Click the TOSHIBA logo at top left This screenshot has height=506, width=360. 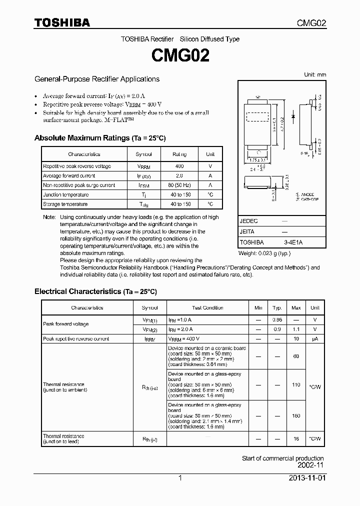(62, 22)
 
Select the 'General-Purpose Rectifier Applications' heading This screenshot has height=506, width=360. (96, 79)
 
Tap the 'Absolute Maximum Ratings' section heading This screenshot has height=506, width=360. (99, 138)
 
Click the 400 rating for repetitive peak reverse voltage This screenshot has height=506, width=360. (179, 166)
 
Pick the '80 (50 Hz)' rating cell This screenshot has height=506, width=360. (179, 185)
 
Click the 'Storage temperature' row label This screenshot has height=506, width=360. (65, 204)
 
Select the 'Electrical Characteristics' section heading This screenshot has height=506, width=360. (95, 291)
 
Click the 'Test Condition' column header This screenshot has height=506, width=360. (207, 308)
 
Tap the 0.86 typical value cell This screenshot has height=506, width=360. (277, 319)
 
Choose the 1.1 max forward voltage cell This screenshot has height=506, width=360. (296, 329)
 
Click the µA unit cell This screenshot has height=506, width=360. (315, 339)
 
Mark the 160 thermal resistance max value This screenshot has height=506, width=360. (296, 415)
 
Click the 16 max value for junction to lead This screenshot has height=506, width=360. (296, 438)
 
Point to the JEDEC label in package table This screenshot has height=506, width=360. (248, 220)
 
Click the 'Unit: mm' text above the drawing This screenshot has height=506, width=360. (315, 74)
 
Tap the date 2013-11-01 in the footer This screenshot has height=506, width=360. (306, 478)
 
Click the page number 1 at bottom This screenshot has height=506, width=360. (180, 478)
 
